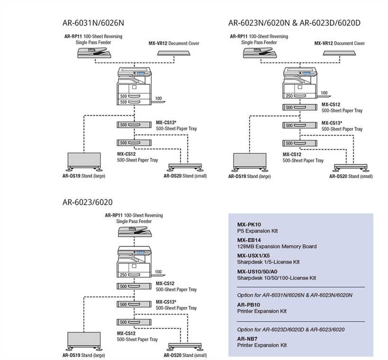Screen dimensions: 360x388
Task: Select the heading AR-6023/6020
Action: tap(87, 202)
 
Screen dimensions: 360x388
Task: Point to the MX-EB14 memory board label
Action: tap(248, 240)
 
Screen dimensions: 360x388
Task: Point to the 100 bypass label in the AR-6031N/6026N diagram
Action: tap(158, 99)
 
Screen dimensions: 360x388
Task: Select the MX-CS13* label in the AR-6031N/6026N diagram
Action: tap(166, 123)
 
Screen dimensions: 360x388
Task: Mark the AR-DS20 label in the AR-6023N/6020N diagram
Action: tap(340, 176)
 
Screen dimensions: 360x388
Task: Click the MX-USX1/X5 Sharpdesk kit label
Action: tap(253, 256)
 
